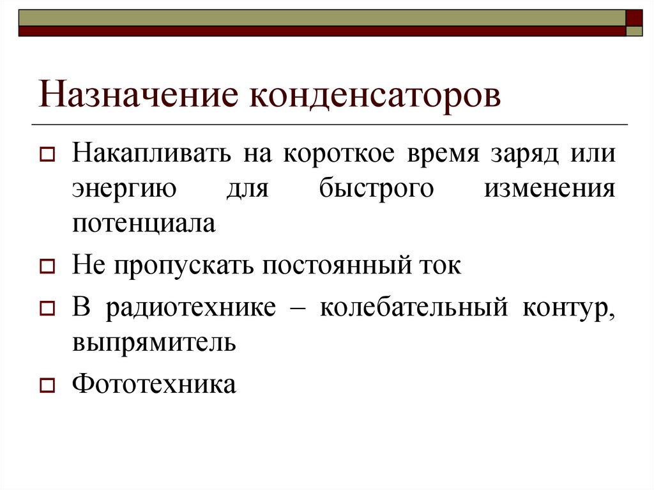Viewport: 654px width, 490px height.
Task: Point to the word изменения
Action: coord(550,189)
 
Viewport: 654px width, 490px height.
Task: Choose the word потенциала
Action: coord(144,224)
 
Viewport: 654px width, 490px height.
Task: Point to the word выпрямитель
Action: coord(154,342)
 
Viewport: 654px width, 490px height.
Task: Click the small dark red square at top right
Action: coord(634,17)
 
